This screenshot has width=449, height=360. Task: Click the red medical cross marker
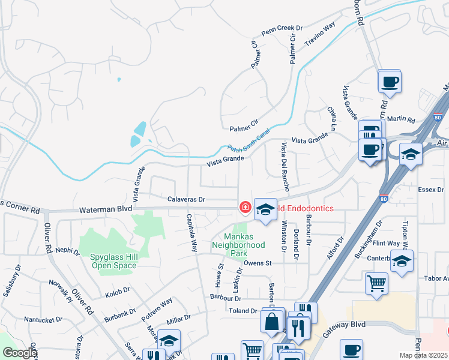[245, 208]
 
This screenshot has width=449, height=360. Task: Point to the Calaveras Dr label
[186, 199]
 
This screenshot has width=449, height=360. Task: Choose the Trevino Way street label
[320, 35]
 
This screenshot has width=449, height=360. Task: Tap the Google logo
[19, 353]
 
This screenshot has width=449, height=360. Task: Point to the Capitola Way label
[191, 232]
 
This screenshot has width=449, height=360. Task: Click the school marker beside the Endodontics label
[265, 209]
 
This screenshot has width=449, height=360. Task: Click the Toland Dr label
[243, 311]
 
